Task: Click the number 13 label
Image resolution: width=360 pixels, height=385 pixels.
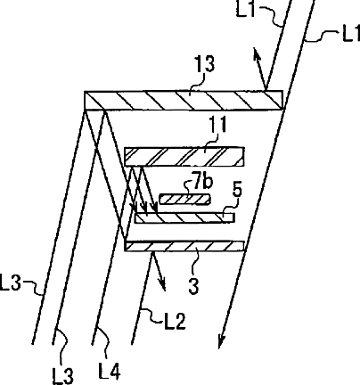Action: point(204,63)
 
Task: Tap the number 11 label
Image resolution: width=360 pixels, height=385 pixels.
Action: point(217,124)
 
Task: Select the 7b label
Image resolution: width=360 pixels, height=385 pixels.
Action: point(203,182)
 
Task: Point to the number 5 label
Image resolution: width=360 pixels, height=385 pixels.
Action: point(237,189)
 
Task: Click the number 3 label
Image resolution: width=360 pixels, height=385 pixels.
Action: point(193,287)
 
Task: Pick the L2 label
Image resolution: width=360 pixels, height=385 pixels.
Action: point(175,321)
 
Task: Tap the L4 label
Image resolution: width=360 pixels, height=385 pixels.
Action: point(110,372)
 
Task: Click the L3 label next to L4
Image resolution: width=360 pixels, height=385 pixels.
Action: point(62,376)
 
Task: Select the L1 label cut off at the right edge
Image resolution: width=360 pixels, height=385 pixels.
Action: point(351,34)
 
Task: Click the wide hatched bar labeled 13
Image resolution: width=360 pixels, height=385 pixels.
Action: point(184,101)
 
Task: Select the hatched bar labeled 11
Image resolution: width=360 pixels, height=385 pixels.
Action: point(184,156)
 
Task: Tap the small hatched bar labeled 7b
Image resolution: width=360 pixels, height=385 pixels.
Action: point(184,199)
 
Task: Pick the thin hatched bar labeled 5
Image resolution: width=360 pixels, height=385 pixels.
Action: point(184,217)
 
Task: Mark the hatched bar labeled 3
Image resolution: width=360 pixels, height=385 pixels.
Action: point(184,246)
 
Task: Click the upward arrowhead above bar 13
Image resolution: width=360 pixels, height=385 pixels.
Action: point(257,54)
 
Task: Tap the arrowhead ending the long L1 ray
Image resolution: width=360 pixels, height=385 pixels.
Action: point(222,341)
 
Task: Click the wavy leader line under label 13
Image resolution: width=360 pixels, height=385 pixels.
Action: point(197,83)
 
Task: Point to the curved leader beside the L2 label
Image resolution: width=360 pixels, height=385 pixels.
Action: point(154,315)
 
